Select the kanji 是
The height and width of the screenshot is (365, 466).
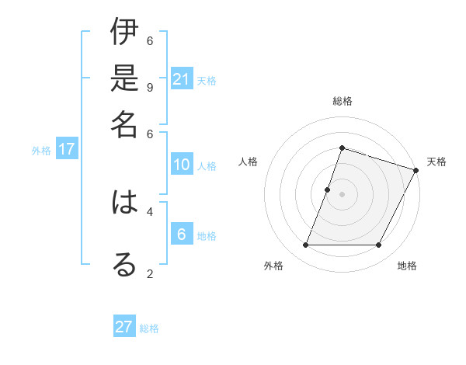[124, 78]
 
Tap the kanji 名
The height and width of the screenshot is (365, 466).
[124, 123]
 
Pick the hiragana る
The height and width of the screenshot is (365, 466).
[124, 264]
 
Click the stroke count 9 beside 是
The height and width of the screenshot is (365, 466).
[150, 86]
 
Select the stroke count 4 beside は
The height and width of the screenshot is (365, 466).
[150, 210]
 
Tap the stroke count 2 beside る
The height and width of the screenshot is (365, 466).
[150, 273]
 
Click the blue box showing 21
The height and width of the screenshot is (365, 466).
[182, 78]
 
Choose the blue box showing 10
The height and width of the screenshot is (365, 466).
[182, 165]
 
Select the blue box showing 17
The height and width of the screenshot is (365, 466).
[67, 149]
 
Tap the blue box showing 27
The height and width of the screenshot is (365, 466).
[124, 327]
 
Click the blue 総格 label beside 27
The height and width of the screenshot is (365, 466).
[149, 328]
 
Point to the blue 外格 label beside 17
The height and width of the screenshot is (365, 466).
[41, 151]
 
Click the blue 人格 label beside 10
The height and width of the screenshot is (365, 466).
[207, 166]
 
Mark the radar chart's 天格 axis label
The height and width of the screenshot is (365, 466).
[436, 162]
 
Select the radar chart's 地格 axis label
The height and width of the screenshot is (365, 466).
[407, 266]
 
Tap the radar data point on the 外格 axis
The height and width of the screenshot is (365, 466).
[305, 245]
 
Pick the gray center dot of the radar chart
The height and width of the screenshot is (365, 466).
[342, 194]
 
